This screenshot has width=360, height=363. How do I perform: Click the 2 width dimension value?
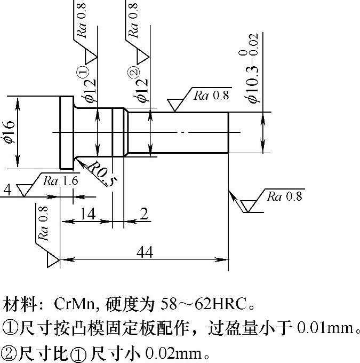tap(143, 215)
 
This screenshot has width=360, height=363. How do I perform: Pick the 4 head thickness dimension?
tap(7, 190)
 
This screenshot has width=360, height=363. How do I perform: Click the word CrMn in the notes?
tap(74, 305)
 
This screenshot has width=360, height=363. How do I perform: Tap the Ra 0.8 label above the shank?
tap(211, 96)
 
